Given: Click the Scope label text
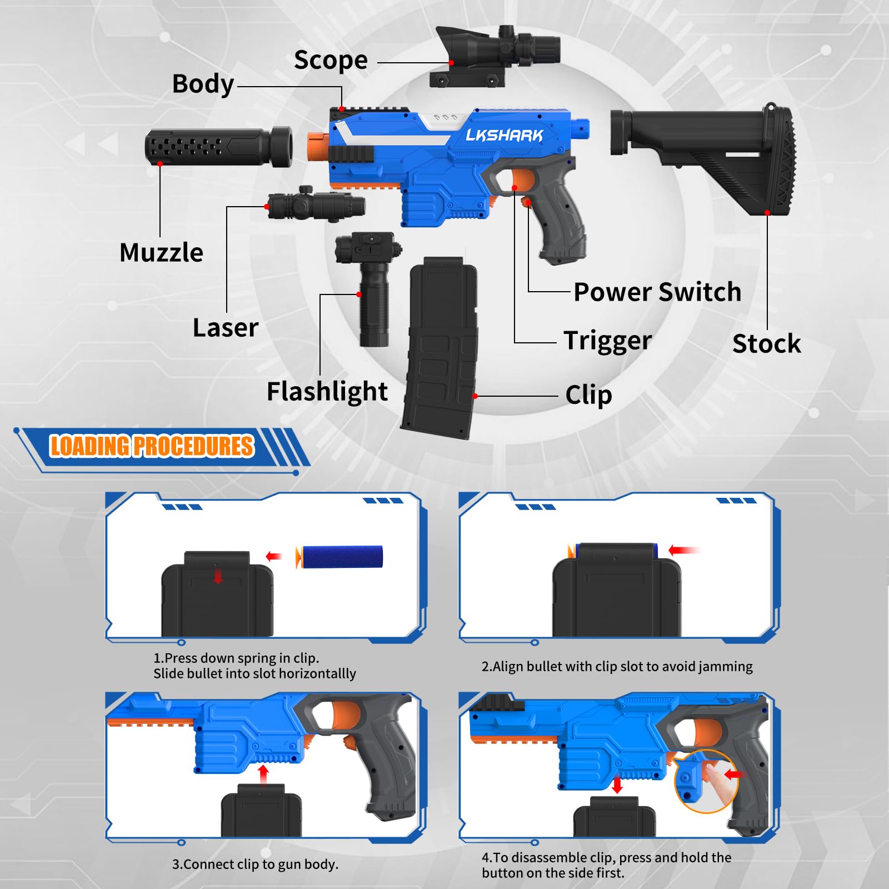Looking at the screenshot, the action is (x=331, y=60).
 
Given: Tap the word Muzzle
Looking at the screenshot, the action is (x=161, y=252).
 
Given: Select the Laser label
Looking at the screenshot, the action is (x=226, y=328).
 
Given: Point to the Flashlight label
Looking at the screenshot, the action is (x=327, y=392).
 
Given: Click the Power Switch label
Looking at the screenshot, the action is (x=657, y=292).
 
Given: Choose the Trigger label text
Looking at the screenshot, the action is (x=607, y=341).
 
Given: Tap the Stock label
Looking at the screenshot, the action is (x=767, y=344).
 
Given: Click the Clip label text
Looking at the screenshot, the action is (x=588, y=396).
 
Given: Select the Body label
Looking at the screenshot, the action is (x=203, y=84).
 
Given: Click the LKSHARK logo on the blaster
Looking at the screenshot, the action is (x=504, y=135).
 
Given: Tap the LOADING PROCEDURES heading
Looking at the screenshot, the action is (x=152, y=446).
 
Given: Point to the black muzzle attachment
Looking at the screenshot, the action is (x=218, y=147).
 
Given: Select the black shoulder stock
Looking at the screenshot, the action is (x=703, y=158).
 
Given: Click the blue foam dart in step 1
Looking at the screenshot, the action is (x=339, y=557).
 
